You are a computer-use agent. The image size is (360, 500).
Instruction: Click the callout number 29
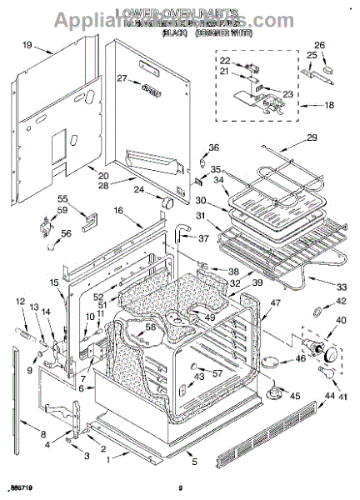point(312,137)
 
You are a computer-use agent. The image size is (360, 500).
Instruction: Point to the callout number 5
point(193,463)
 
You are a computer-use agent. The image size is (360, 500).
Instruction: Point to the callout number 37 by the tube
point(202,238)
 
